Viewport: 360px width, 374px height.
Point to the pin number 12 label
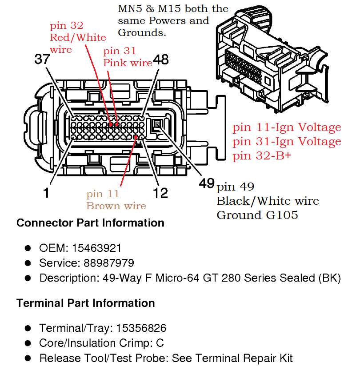click(160, 192)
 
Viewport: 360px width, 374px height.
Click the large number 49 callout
click(206, 183)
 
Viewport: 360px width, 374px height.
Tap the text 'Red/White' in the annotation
click(78, 37)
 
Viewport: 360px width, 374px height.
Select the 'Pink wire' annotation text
click(128, 63)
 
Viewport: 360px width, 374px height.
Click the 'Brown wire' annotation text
click(116, 206)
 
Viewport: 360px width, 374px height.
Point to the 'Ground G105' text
click(257, 215)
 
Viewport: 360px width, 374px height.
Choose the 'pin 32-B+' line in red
click(262, 155)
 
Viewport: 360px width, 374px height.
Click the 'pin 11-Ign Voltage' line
click(287, 128)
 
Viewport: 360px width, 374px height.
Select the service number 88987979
click(109, 263)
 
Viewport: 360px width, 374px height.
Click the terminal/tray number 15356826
click(141, 328)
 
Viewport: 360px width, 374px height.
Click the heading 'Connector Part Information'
click(90, 223)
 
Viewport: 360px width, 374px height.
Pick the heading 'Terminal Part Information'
click(85, 303)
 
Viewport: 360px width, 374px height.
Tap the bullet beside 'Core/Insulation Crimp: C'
click(28, 343)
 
